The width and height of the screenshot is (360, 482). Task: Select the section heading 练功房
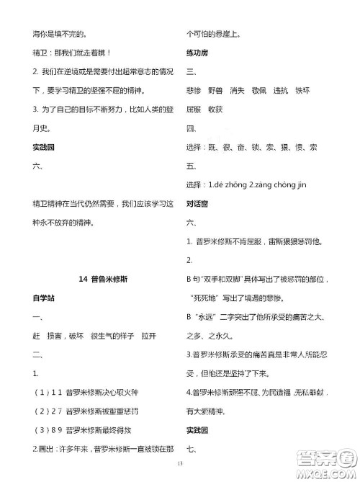pos(196,53)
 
